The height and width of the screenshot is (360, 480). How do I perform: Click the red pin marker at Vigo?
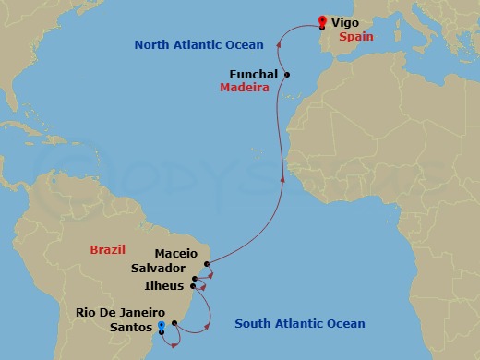point(321,21)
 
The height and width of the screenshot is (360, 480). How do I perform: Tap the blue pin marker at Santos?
point(162,326)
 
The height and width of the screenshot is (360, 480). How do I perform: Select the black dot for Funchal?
point(288,75)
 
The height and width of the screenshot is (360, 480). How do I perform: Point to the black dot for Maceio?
point(208,264)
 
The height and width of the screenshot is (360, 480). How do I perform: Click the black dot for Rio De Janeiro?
point(174,323)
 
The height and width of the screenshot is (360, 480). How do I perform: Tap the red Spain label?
point(355,38)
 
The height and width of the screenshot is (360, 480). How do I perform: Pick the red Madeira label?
point(244,89)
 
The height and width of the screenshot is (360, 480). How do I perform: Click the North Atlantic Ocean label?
point(198,44)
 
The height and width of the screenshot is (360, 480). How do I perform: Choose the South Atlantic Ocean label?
point(299,323)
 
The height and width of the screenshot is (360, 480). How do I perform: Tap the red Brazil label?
point(107,250)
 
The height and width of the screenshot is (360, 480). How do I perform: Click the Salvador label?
point(158,268)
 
